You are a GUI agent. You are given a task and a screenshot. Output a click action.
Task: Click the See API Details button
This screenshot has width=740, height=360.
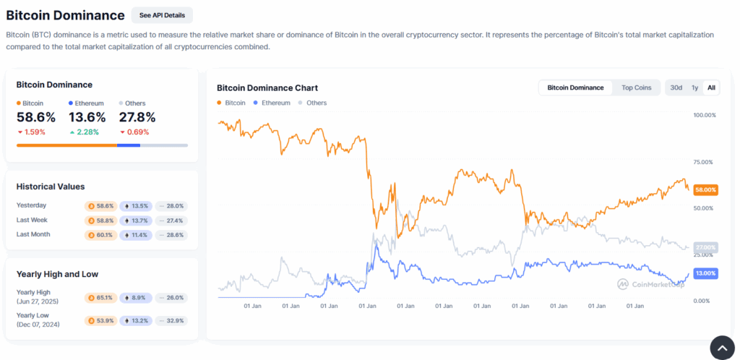pos(162,15)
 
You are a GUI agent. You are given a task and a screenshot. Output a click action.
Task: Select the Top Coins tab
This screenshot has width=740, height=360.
pos(636,87)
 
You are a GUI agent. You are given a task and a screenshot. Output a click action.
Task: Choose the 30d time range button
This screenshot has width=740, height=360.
pos(676,87)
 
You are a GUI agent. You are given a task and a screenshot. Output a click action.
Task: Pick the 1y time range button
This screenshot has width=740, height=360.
pos(694,87)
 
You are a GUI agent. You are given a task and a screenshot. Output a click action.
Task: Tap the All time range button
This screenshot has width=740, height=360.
pos(711,87)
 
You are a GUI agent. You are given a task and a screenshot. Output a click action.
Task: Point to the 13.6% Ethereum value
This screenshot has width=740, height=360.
pos(87,117)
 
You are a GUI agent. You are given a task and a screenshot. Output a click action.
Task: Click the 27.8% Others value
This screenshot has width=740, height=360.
pos(137,117)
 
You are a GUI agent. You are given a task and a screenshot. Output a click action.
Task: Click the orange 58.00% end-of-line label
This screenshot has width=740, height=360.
pos(705,189)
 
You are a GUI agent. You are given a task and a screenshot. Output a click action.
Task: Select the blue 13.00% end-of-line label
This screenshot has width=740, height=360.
pos(705,273)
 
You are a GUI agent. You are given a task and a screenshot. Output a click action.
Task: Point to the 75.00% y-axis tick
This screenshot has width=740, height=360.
pos(704,162)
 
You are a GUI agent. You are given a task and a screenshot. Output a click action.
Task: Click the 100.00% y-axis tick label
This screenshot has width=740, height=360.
pos(704,115)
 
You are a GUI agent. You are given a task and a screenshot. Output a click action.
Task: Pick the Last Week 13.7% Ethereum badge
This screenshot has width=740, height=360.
pos(135,220)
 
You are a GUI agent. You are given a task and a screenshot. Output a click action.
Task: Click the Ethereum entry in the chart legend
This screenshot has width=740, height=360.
pos(274,103)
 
